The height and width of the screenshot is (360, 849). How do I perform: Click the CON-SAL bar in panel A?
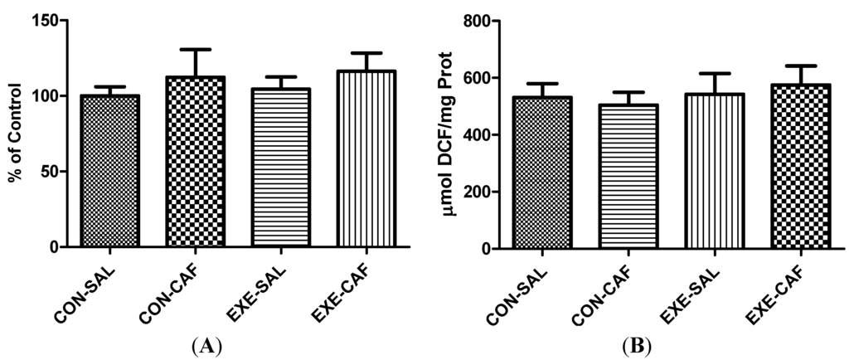tap(110, 171)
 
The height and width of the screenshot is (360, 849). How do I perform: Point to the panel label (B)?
tap(639, 343)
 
